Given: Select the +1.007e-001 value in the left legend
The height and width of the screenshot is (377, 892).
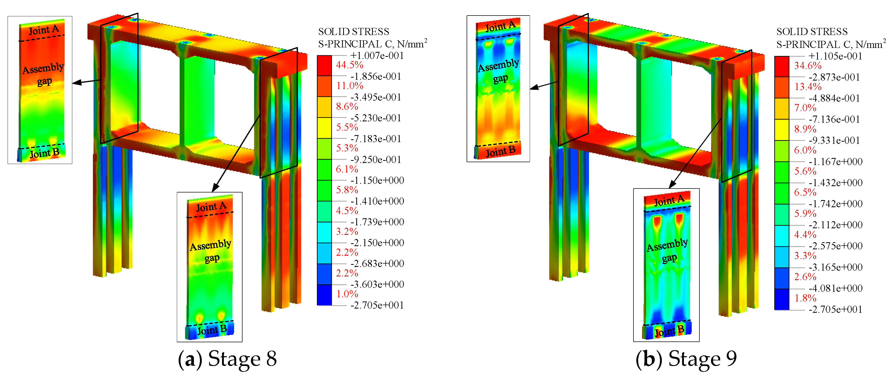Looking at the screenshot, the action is coord(377,56).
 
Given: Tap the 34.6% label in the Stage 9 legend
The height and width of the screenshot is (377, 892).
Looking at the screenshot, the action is coord(807,66).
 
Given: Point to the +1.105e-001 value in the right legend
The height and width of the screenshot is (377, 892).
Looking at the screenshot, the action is coord(835,56).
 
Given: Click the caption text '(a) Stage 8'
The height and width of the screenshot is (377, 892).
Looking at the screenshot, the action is coord(227,359).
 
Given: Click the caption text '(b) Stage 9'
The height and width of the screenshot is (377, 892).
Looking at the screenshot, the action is coord(686,359).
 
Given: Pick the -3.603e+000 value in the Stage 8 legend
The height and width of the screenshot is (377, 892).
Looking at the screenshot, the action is coord(377,284).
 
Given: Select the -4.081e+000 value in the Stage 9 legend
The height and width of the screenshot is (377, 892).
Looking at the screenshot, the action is coord(835,288).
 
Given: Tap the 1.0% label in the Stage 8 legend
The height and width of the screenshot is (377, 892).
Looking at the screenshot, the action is coord(347,294).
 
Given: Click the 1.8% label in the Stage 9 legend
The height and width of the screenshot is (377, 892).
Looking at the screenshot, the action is coord(805,298).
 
